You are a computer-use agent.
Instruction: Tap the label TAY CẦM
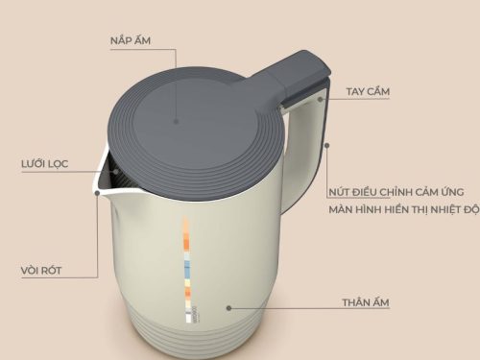[370, 92]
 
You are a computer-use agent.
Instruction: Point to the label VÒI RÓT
[40, 271]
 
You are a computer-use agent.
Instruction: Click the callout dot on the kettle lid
[177, 122]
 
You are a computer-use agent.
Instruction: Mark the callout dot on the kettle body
[229, 307]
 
